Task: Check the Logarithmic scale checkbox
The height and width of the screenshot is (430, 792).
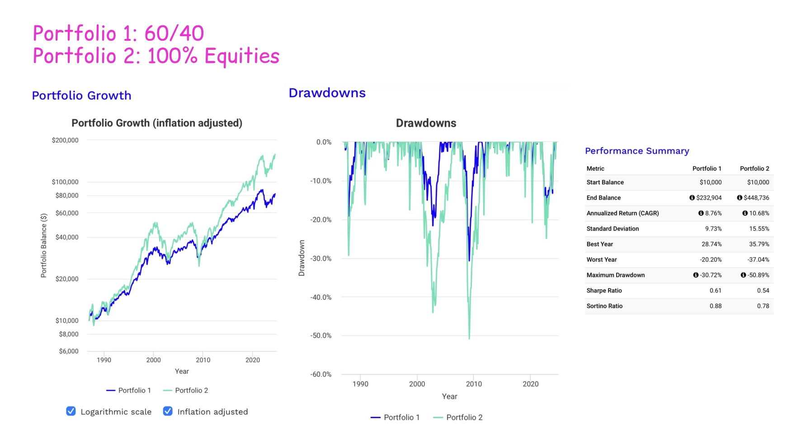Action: coord(71,411)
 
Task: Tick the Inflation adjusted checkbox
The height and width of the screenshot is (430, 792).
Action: coord(168,411)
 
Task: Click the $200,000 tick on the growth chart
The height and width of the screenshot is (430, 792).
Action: coord(65,140)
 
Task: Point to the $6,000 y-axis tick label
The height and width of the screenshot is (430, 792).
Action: coord(69,351)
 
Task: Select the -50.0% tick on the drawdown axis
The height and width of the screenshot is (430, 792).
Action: coord(321,336)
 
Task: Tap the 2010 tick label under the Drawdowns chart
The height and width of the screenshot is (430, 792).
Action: coord(474,384)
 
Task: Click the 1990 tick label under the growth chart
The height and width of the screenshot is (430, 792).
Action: coord(104,360)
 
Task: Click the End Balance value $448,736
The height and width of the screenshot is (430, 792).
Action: coord(756,198)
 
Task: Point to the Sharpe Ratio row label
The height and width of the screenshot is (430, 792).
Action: coord(604,291)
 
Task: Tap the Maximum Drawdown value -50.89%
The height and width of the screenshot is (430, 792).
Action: coord(758,275)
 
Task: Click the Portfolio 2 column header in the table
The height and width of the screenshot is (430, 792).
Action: coord(754,168)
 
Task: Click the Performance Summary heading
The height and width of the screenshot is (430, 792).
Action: coord(637,151)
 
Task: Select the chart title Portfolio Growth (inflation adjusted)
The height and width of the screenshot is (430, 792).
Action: coord(157,123)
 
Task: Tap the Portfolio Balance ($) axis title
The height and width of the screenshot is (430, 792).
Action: coord(44,245)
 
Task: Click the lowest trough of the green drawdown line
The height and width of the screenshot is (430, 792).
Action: coord(469,338)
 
